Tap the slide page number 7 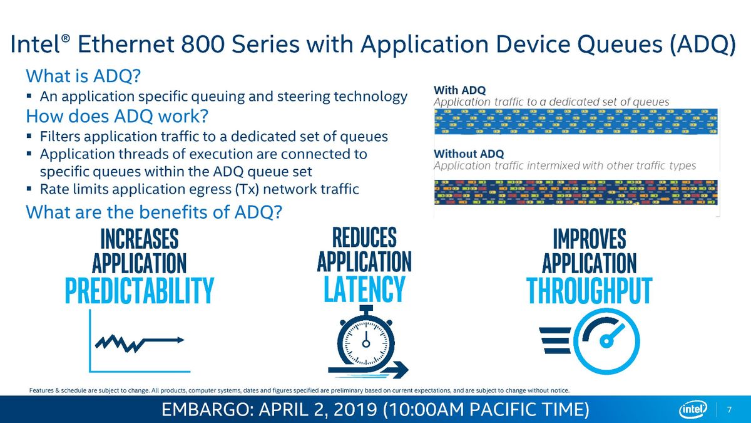729,410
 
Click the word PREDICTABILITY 140,290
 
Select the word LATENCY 364,289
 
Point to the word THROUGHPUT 589,291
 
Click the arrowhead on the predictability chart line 180,340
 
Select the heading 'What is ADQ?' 83,76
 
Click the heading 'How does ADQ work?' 117,116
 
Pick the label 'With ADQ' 459,90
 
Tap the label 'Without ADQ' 469,154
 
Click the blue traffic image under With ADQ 576,121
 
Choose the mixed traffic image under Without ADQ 576,192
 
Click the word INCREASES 140,238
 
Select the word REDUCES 364,237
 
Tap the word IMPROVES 590,238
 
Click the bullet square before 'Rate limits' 29,189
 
